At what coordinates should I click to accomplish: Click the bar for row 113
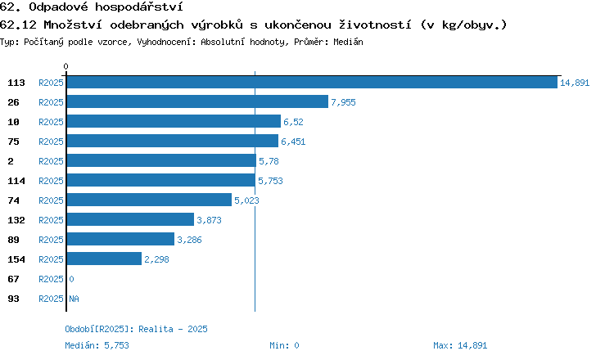click(x=312, y=82)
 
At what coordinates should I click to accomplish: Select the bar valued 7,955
click(x=197, y=101)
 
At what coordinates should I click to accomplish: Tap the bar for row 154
click(x=104, y=259)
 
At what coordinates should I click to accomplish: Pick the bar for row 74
click(x=149, y=200)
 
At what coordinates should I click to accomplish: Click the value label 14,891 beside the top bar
click(x=575, y=83)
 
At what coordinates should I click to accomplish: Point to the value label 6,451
click(x=293, y=142)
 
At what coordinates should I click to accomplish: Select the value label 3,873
click(x=209, y=220)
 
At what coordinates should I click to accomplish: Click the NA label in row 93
click(x=74, y=299)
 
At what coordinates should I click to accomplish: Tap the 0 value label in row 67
click(x=72, y=279)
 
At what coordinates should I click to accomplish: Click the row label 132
click(x=16, y=220)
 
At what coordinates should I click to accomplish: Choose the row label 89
click(x=13, y=240)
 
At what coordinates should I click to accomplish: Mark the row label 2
click(x=11, y=161)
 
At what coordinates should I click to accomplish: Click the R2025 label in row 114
click(x=51, y=181)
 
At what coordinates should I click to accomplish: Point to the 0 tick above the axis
click(x=65, y=66)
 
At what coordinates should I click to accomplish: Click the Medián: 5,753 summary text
click(x=97, y=345)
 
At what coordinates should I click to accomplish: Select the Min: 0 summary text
click(x=284, y=345)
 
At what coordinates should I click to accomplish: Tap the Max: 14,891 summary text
click(x=460, y=345)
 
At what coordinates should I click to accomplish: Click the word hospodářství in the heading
click(x=139, y=7)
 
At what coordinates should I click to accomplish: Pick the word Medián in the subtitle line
click(x=348, y=42)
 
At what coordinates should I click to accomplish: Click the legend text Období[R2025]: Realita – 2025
click(x=136, y=329)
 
